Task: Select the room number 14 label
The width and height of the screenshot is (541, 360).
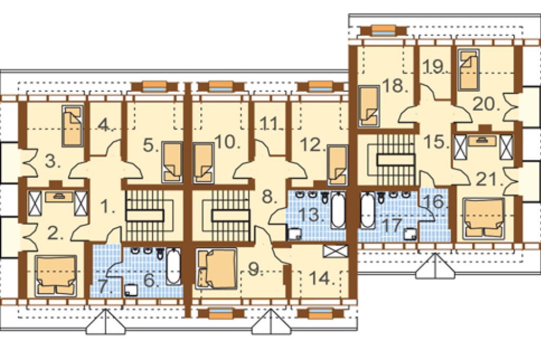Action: click(322, 278)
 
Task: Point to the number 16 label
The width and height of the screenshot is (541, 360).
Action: click(435, 202)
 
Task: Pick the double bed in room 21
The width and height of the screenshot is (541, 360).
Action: click(483, 218)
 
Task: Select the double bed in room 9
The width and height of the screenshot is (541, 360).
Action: click(217, 268)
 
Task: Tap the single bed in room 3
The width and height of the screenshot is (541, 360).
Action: click(73, 126)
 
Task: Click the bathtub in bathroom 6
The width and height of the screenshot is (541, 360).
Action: click(174, 266)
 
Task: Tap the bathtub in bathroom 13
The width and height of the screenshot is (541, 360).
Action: click(338, 210)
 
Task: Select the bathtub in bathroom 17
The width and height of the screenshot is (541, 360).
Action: click(368, 210)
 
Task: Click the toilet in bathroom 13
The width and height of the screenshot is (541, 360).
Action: click(325, 197)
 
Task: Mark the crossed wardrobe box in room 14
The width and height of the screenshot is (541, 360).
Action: click(336, 251)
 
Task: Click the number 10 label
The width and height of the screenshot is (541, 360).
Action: click(227, 142)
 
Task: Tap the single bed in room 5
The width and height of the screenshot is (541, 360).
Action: click(172, 162)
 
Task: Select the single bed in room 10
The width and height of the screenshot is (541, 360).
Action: click(204, 163)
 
